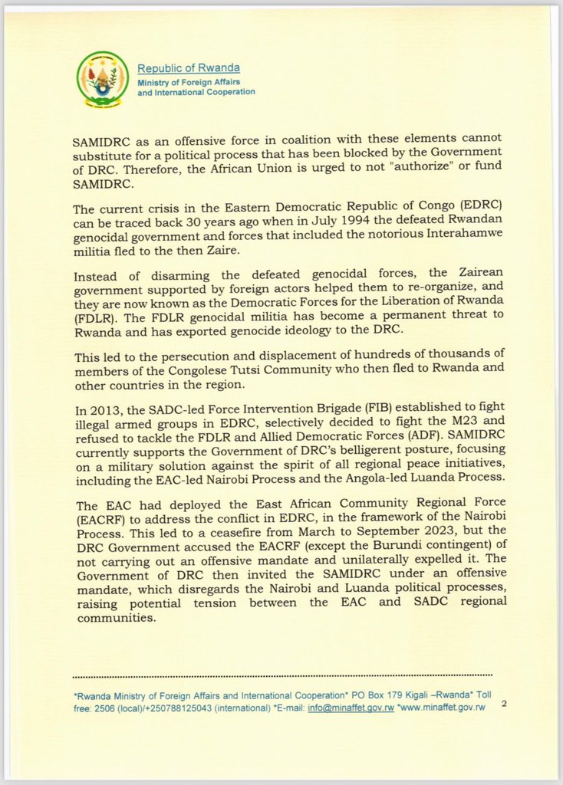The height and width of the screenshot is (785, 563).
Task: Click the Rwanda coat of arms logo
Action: [x=103, y=79]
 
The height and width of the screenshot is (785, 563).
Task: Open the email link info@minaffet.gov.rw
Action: [x=351, y=708]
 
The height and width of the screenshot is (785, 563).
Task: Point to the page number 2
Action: [x=504, y=703]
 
